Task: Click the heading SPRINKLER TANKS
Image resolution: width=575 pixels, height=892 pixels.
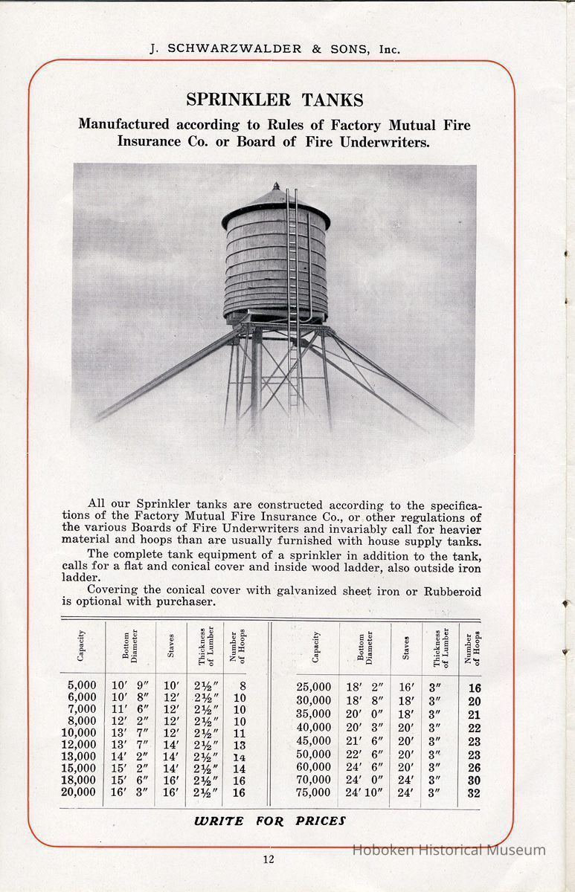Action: [274, 100]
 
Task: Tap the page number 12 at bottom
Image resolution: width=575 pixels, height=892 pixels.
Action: [269, 859]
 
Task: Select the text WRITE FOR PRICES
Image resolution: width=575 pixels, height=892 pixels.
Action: [270, 821]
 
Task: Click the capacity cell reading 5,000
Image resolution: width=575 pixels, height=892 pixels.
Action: [82, 685]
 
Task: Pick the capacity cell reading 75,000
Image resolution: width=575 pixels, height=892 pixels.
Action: [314, 792]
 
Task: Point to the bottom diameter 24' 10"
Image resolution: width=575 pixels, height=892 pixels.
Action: [364, 792]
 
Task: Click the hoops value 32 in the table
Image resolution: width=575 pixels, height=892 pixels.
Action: [474, 793]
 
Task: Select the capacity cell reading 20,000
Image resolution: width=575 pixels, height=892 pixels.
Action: [79, 792]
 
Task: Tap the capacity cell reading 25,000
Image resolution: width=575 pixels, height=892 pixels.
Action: [314, 688]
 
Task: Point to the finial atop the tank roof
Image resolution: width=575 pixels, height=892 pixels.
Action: [276, 186]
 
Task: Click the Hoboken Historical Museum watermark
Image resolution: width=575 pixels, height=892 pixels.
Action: [449, 850]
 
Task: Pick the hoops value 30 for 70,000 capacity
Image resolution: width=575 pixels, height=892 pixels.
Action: [474, 780]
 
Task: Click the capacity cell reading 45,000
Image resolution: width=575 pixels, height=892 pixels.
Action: [314, 740]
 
